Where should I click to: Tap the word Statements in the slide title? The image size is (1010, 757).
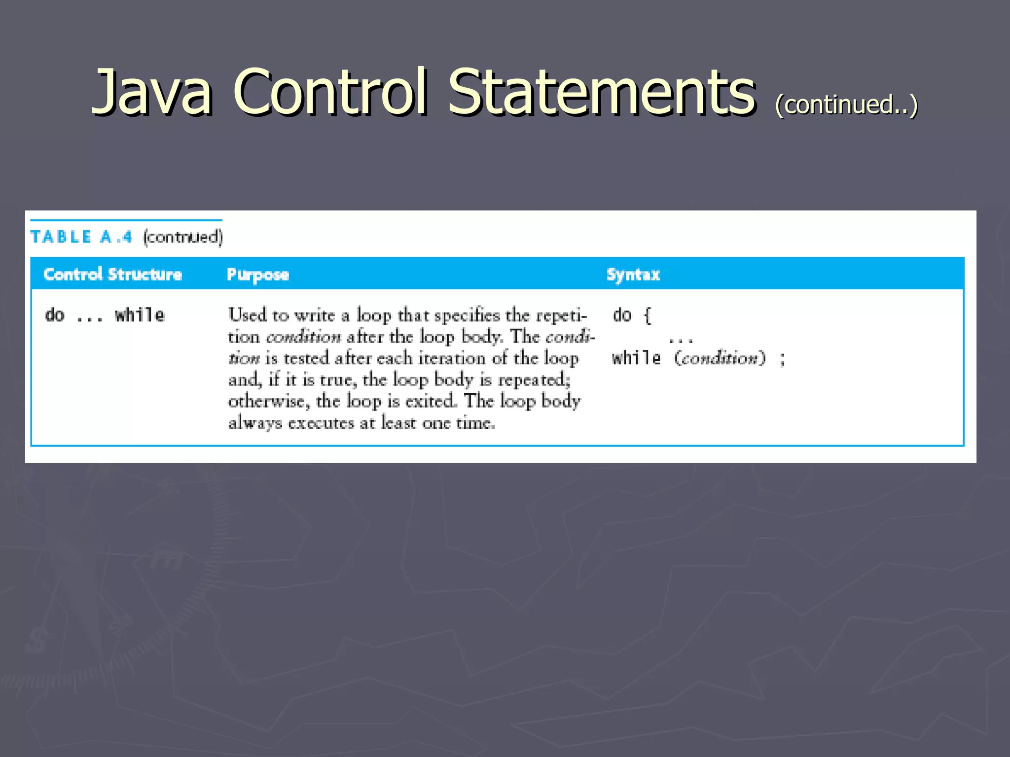(x=601, y=92)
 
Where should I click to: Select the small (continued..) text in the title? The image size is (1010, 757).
(x=846, y=104)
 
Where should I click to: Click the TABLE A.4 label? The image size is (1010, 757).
(x=81, y=237)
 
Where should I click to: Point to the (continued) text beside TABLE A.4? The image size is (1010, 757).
(x=183, y=237)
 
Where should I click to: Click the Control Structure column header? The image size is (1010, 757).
(x=113, y=274)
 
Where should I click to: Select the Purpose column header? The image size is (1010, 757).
(x=257, y=275)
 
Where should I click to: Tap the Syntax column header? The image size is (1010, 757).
(x=633, y=275)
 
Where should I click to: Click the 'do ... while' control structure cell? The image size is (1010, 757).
(x=105, y=315)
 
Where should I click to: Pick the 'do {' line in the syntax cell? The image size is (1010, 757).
(x=632, y=315)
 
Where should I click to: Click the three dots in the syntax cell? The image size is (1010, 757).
(x=681, y=340)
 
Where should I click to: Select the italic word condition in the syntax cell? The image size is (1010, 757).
(x=720, y=358)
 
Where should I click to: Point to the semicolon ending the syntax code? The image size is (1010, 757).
(x=782, y=359)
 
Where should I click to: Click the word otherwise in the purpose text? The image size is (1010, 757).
(x=269, y=401)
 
